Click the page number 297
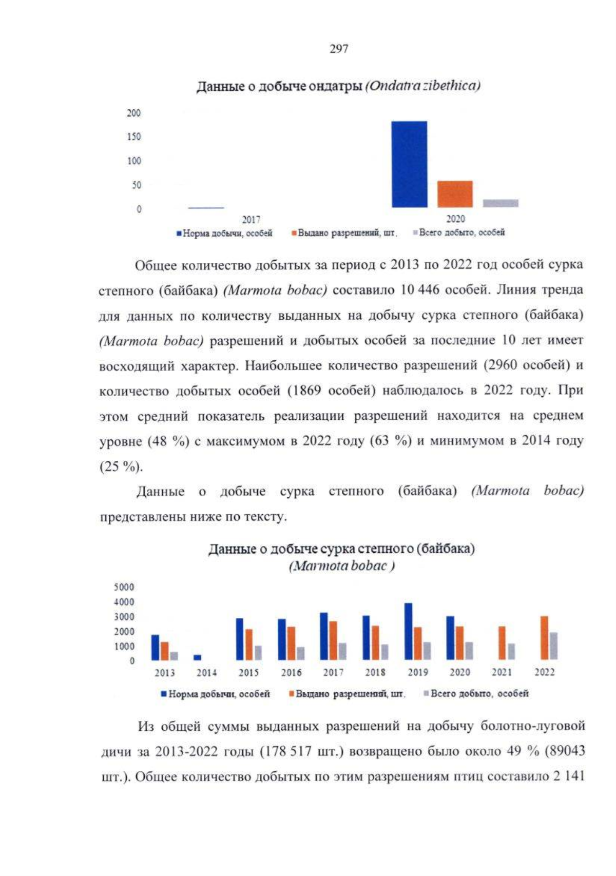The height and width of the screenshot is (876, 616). (338, 49)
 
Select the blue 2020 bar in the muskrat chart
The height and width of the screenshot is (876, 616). (409, 164)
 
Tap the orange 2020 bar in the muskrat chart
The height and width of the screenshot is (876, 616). (455, 194)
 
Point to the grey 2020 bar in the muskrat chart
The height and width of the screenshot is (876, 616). (500, 203)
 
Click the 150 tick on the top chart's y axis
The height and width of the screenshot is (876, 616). (133, 137)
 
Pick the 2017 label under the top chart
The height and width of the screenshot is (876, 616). (251, 220)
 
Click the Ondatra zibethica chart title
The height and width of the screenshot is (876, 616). (338, 86)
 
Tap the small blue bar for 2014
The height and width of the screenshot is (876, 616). (198, 657)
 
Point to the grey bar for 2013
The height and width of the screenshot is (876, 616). (174, 656)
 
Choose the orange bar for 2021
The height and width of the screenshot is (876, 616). (502, 643)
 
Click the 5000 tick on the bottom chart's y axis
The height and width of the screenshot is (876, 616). (124, 587)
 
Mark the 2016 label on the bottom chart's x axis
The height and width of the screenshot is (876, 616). (291, 672)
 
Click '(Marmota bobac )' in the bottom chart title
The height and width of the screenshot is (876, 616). (342, 566)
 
